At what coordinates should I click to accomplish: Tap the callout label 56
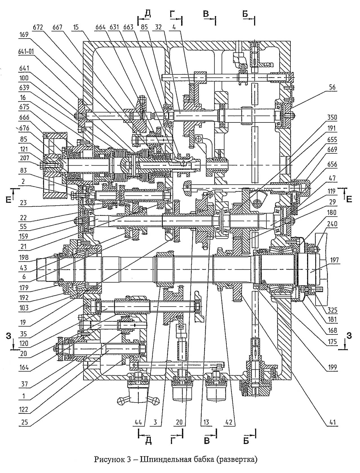(x=332, y=87)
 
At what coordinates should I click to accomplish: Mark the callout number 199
(x=333, y=367)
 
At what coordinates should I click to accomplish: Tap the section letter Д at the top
(x=148, y=13)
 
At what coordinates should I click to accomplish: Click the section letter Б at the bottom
(x=246, y=441)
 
